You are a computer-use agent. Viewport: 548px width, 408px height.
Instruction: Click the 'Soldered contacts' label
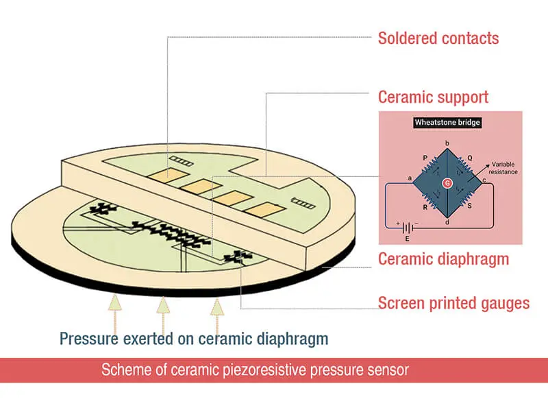pyautogui.click(x=438, y=37)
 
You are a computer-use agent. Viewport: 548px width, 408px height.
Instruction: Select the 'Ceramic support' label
pyautogui.click(x=434, y=95)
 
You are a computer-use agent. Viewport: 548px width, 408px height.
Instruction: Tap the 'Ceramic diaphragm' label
pyautogui.click(x=443, y=259)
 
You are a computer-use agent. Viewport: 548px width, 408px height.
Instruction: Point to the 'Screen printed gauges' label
pyautogui.click(x=453, y=302)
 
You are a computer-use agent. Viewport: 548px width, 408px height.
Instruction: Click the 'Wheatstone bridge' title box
pyautogui.click(x=447, y=123)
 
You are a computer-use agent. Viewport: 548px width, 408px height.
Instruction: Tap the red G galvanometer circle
pyautogui.click(x=447, y=183)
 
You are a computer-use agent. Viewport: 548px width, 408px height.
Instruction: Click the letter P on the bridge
pyautogui.click(x=425, y=157)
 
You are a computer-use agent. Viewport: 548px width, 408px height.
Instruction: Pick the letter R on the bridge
pyautogui.click(x=425, y=206)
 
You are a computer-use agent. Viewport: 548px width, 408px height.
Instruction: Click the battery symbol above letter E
pyautogui.click(x=410, y=227)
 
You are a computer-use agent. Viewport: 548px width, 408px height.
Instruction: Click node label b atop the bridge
pyautogui.click(x=447, y=143)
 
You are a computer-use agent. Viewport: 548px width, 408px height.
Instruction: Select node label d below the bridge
pyautogui.click(x=447, y=222)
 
